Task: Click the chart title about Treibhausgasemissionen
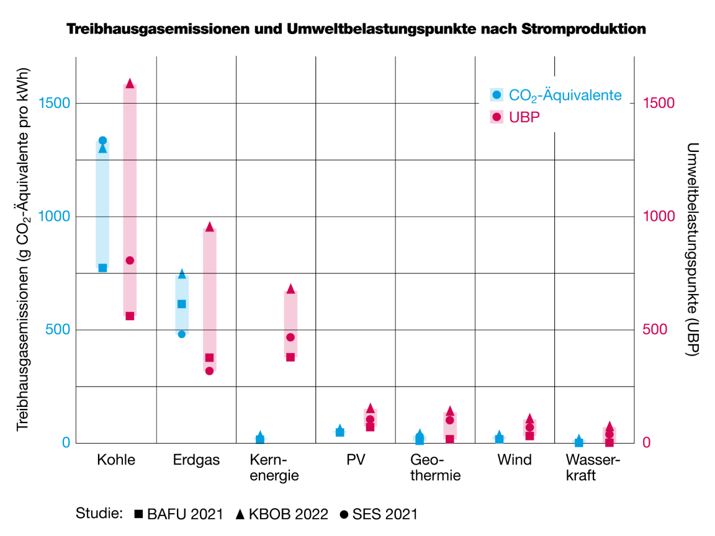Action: (x=356, y=29)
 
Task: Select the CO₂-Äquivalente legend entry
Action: (x=555, y=95)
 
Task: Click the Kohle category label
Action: (x=116, y=460)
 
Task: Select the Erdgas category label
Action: (x=196, y=460)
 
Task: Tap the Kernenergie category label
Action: (x=274, y=468)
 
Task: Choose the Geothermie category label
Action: (x=436, y=468)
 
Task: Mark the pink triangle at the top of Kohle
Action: (x=130, y=83)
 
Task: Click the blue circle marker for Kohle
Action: (x=103, y=141)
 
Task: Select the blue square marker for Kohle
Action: (x=103, y=268)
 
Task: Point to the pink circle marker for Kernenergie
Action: (x=290, y=337)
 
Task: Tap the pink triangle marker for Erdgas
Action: (x=209, y=226)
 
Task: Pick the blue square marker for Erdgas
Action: (x=182, y=304)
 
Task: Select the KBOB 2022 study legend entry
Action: (x=282, y=514)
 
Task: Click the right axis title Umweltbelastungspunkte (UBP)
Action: (x=693, y=249)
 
